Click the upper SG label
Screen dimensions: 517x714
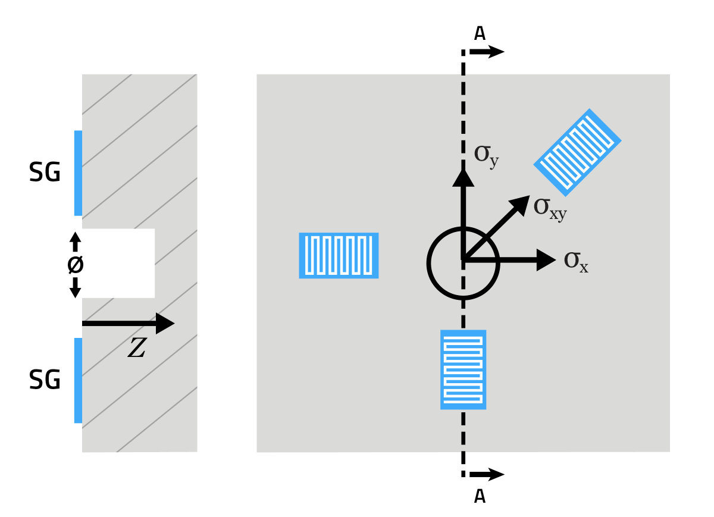tap(45, 173)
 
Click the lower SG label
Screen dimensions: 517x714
tap(45, 380)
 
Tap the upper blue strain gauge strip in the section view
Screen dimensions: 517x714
tap(78, 173)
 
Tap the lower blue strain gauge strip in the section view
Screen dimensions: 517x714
tap(78, 380)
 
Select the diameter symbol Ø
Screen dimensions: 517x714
tap(75, 265)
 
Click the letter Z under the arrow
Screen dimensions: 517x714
tap(137, 349)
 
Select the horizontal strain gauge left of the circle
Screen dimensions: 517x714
tap(339, 255)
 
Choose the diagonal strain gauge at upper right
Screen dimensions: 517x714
tap(577, 152)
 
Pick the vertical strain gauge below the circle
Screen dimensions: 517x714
tap(463, 369)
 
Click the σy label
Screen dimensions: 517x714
tap(486, 155)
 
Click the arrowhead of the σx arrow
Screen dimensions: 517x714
tap(546, 260)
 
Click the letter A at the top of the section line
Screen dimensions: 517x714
tap(480, 33)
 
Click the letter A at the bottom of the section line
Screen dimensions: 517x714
tap(480, 496)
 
